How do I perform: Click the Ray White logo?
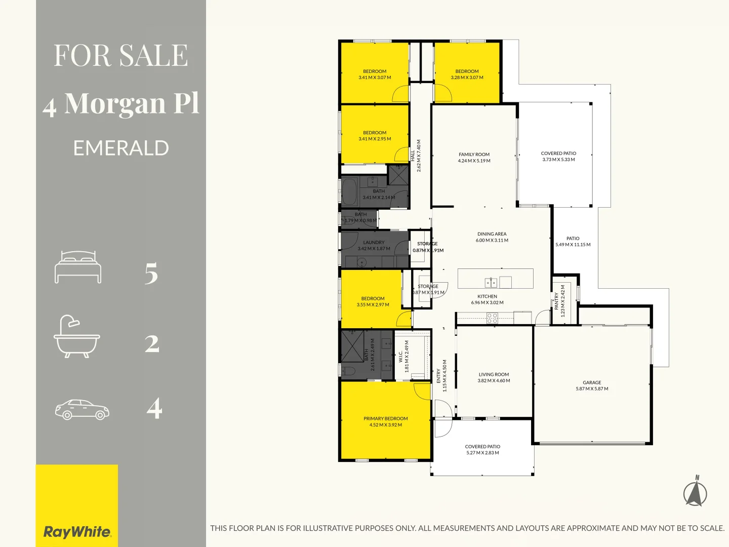click(77, 532)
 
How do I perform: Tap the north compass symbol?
click(696, 493)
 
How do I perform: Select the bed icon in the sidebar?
click(78, 267)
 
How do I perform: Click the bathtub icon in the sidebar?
click(77, 337)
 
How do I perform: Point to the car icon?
click(82, 409)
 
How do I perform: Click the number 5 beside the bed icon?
click(151, 273)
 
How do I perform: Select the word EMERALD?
click(121, 148)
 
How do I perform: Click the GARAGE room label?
click(592, 383)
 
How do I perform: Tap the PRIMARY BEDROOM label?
click(385, 419)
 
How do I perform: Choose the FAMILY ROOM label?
click(474, 154)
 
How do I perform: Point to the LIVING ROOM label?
click(494, 375)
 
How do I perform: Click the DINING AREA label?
click(492, 234)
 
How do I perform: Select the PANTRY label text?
click(557, 301)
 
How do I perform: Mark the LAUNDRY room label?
click(374, 243)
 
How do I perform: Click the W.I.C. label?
click(400, 357)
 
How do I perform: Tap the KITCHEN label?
click(487, 296)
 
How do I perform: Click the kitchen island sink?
click(490, 282)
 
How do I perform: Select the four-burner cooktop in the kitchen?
click(492, 318)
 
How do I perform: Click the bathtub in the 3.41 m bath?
click(349, 192)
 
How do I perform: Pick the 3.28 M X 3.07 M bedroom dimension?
click(467, 77)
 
